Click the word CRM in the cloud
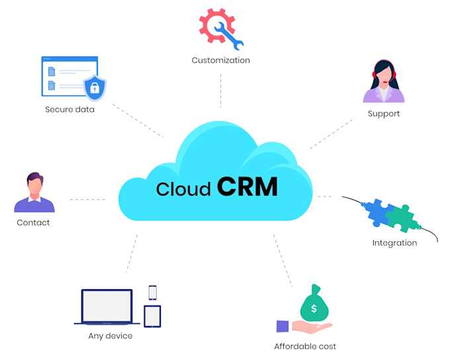tap(247, 187)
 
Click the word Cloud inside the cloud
tap(183, 189)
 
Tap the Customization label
tap(220, 60)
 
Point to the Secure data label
tap(69, 109)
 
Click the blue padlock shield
tap(94, 87)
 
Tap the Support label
tap(384, 113)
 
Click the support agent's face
tap(384, 74)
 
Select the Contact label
tap(33, 222)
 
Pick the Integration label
tap(394, 243)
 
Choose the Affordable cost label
tap(305, 346)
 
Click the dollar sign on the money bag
tap(314, 308)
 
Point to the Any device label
tap(111, 336)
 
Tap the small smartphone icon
tap(153, 292)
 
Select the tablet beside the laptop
tap(152, 316)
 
